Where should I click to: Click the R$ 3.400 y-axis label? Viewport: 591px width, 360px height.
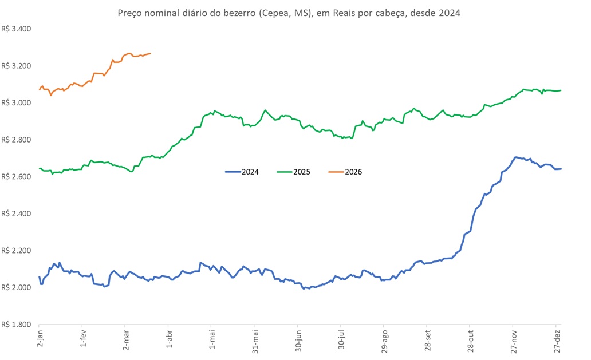(16, 29)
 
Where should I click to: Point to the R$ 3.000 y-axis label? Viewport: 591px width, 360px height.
(16, 103)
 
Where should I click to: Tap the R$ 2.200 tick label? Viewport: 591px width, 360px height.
(16, 251)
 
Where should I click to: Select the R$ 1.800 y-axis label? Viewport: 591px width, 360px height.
(16, 325)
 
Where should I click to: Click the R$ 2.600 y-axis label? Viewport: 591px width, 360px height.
(16, 177)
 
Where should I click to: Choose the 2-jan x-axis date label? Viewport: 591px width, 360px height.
(40, 342)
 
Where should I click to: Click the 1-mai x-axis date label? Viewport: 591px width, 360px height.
(212, 342)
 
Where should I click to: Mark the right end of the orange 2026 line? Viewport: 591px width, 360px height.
(150, 54)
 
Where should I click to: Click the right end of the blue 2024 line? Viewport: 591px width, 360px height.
(561, 168)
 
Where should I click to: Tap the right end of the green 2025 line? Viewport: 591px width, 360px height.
(561, 90)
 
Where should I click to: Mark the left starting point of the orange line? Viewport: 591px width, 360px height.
(40, 90)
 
